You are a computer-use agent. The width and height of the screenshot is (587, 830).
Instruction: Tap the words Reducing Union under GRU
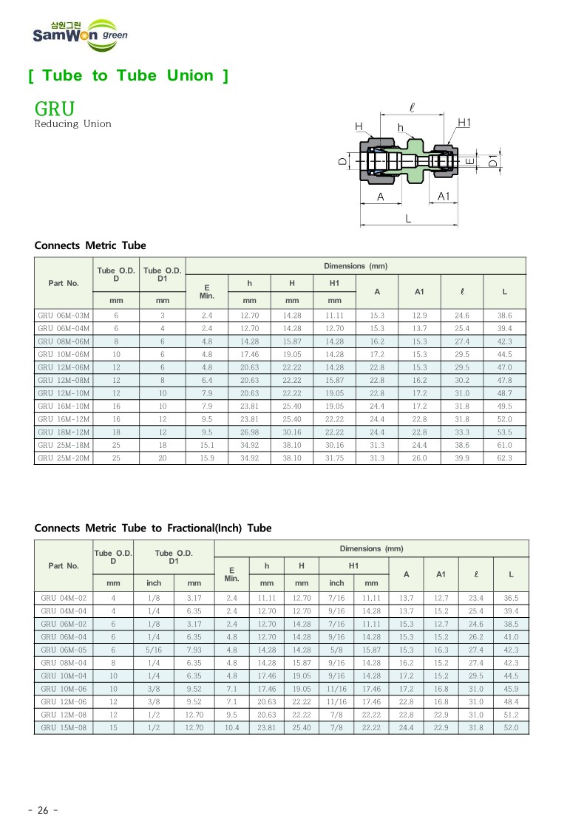(72, 124)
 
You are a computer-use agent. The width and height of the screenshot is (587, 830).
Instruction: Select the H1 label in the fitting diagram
(464, 122)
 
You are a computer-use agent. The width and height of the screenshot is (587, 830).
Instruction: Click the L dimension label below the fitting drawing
(407, 219)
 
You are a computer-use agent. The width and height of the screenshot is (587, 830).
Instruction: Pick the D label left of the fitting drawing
(342, 160)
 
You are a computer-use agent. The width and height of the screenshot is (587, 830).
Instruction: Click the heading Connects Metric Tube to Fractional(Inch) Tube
(153, 528)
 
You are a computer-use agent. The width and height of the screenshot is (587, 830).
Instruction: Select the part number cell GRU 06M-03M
(64, 315)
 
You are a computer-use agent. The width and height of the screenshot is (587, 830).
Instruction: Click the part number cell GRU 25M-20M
(64, 458)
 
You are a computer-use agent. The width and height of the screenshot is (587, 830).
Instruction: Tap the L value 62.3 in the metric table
(504, 458)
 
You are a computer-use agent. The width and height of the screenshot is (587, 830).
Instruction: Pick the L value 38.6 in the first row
(504, 315)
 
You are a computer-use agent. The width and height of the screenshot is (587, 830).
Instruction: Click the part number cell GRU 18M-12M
(64, 432)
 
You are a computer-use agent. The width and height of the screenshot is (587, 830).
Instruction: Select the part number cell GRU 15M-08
(64, 728)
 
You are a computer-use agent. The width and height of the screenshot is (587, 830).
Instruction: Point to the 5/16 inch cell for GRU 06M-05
(154, 650)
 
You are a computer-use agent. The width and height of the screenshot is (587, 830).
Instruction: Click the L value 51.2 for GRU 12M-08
(511, 715)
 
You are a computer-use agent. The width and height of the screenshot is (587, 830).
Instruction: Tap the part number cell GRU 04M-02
(64, 597)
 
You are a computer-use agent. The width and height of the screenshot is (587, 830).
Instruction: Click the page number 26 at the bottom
(42, 810)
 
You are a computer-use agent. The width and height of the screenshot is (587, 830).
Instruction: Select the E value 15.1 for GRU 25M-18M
(207, 445)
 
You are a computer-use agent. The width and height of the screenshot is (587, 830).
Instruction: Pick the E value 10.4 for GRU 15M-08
(231, 728)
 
